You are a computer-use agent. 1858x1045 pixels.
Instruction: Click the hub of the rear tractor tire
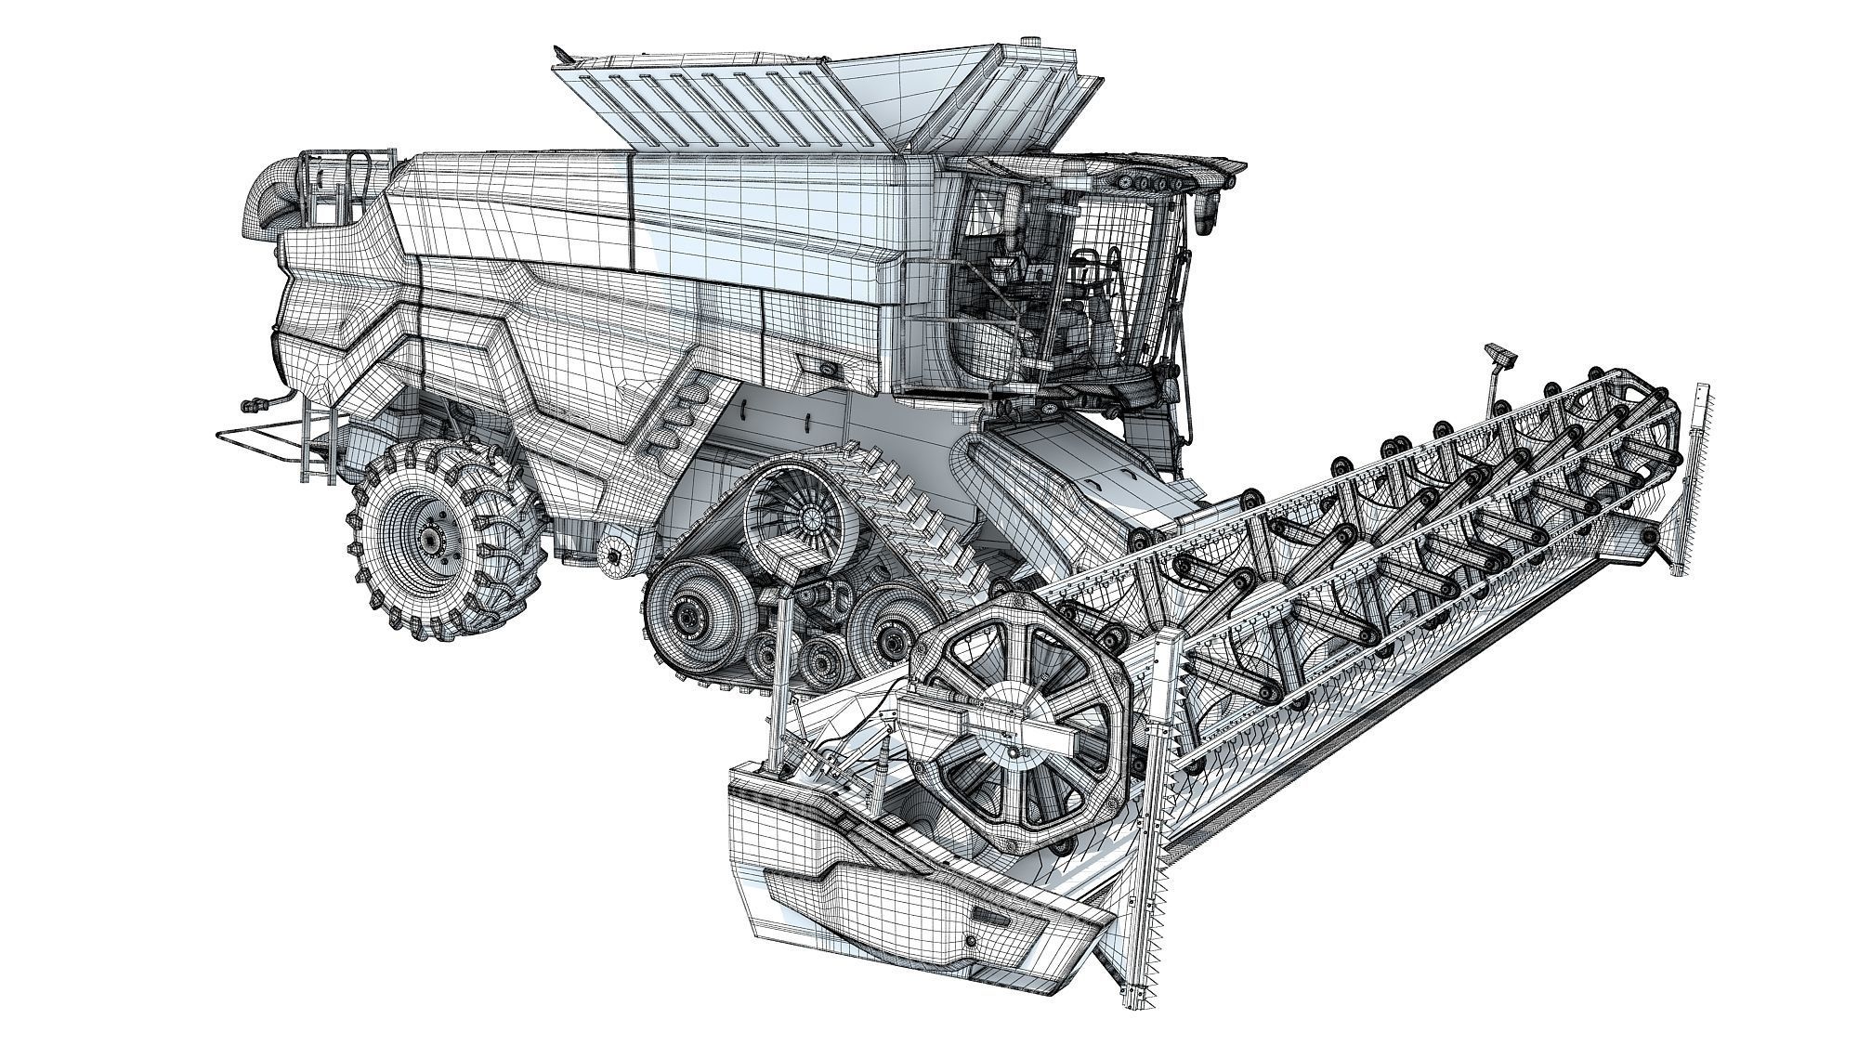[x=432, y=540]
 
